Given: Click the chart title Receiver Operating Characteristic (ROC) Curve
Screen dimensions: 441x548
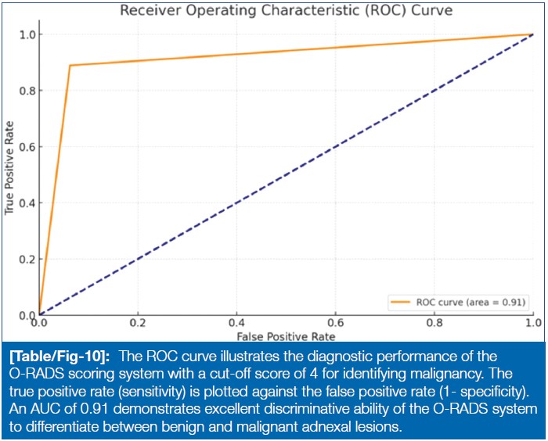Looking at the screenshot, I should point(286,11).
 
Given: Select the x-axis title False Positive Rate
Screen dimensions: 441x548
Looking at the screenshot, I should point(286,335).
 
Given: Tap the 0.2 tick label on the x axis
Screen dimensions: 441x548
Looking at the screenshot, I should point(138,322).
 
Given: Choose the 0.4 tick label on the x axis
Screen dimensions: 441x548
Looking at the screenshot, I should point(236,322).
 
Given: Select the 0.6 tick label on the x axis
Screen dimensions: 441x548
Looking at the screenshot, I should point(335,322).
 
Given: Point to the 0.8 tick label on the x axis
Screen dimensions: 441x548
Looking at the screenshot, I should point(434,322).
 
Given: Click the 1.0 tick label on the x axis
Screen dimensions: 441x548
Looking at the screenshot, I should point(532,322).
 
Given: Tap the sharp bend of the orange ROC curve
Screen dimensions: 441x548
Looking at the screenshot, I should point(70,66).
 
